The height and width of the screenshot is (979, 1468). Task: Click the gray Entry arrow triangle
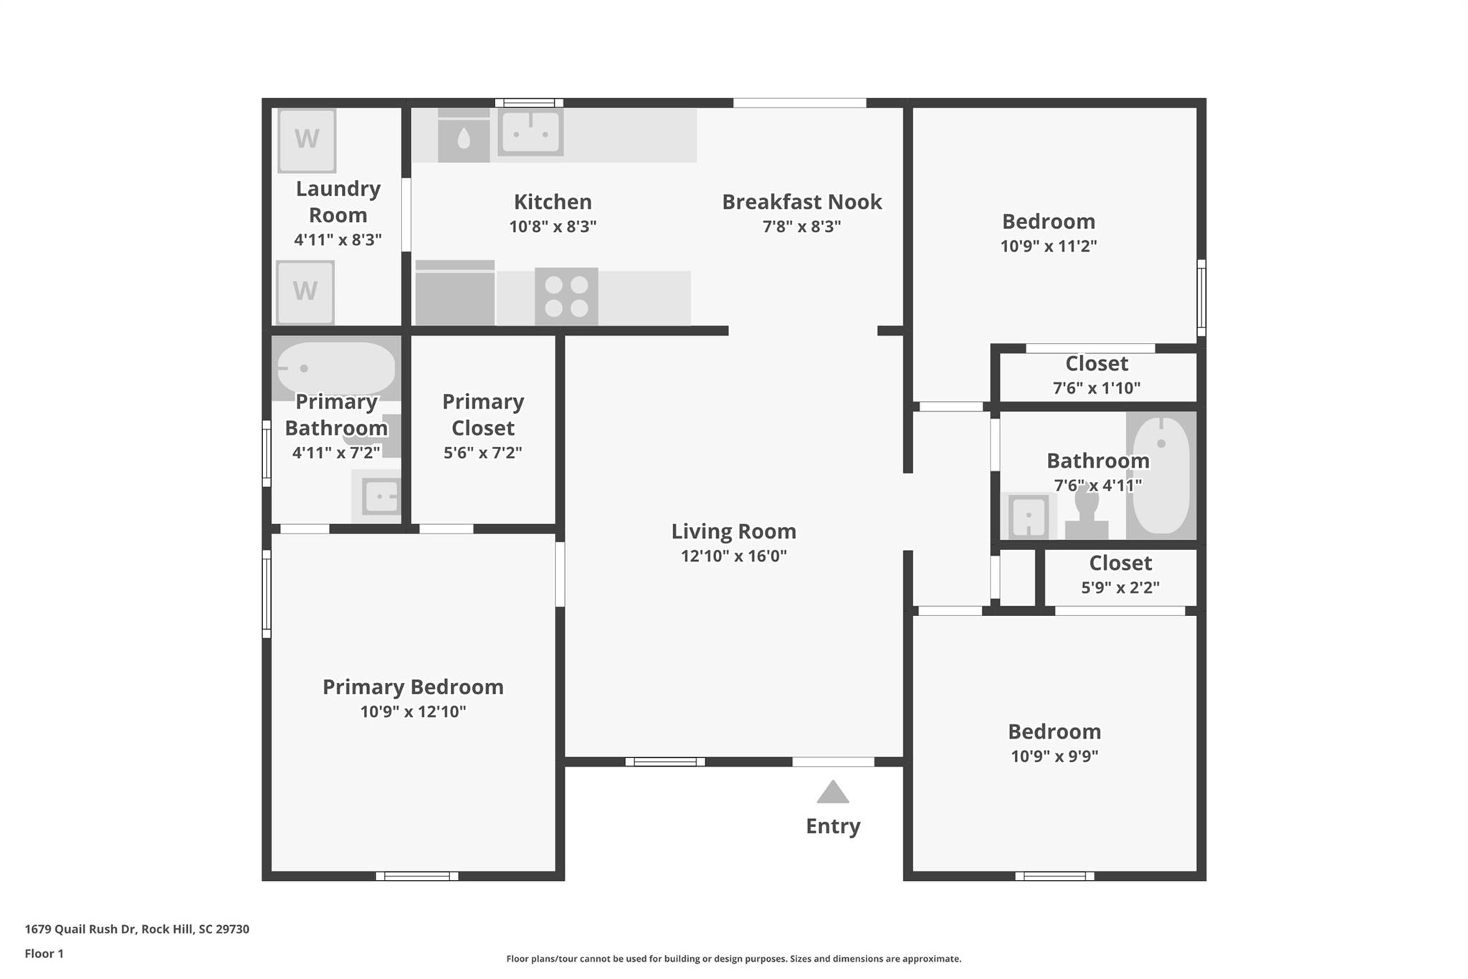[x=833, y=793]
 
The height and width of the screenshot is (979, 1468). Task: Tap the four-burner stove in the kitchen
[x=566, y=296]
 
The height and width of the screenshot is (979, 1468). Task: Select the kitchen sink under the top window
[x=530, y=133]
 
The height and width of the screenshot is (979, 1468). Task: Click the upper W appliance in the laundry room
[x=307, y=140]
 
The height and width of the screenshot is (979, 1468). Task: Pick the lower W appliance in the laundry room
[x=305, y=292]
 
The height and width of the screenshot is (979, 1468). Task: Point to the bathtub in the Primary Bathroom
[x=335, y=368]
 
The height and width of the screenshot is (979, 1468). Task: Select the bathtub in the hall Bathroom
[x=1161, y=475]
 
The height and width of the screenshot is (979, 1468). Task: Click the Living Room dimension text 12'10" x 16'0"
[x=733, y=556]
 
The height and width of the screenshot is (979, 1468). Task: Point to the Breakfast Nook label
[x=801, y=202]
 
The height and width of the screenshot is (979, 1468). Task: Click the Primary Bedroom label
[x=413, y=687]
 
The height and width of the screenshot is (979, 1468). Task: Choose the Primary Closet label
[x=483, y=415]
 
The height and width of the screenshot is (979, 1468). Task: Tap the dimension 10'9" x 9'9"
[x=1054, y=756]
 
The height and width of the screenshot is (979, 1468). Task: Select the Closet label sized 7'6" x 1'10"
[x=1097, y=364]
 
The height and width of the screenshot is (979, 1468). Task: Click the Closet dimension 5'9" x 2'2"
[x=1120, y=587]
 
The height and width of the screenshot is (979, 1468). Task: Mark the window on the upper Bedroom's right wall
[x=1201, y=298]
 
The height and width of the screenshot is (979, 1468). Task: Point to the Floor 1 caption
[x=44, y=954]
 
